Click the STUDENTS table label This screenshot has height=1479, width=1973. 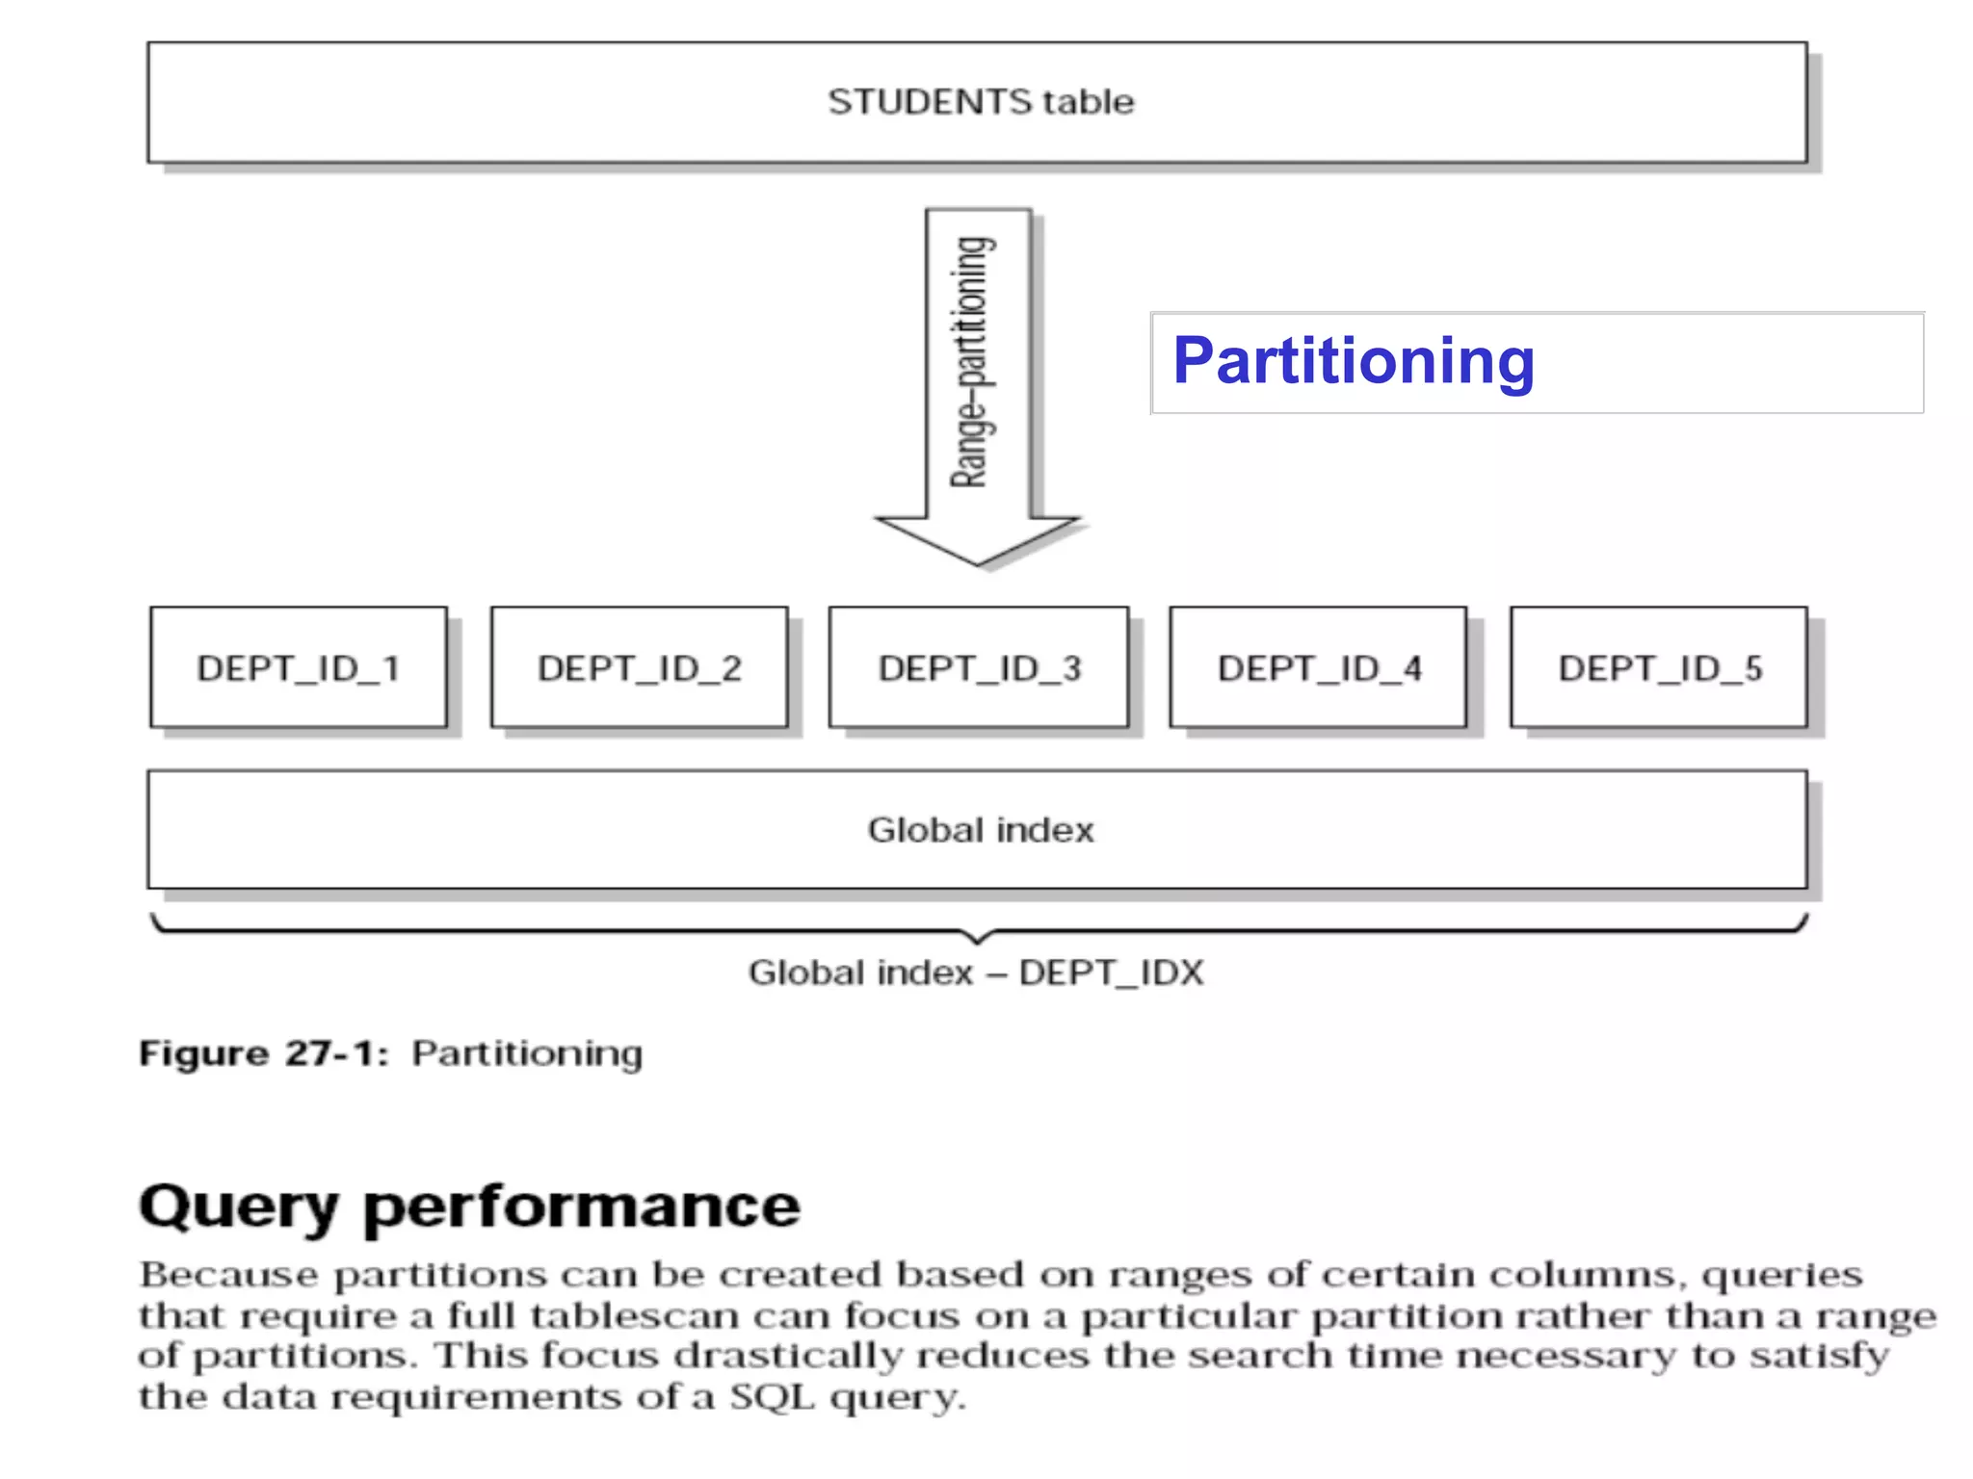click(981, 102)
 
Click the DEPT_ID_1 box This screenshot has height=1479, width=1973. click(299, 668)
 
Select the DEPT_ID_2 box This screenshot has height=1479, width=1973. click(640, 668)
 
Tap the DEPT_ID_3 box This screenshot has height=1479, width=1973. click(980, 668)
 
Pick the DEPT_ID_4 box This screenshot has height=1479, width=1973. click(1319, 668)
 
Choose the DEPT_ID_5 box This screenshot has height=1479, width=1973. click(1660, 668)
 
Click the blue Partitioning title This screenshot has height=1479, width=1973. click(1353, 361)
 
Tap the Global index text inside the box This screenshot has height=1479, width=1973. click(981, 830)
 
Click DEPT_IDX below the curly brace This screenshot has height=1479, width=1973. click(1111, 973)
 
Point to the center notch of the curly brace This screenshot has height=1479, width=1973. click(978, 938)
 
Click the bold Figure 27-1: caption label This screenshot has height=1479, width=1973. click(264, 1053)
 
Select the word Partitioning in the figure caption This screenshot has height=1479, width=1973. click(527, 1053)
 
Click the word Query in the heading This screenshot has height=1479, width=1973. click(239, 1207)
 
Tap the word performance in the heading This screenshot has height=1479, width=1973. click(582, 1207)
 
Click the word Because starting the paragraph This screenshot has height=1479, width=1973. click(228, 1275)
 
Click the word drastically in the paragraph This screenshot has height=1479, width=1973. click(788, 1357)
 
